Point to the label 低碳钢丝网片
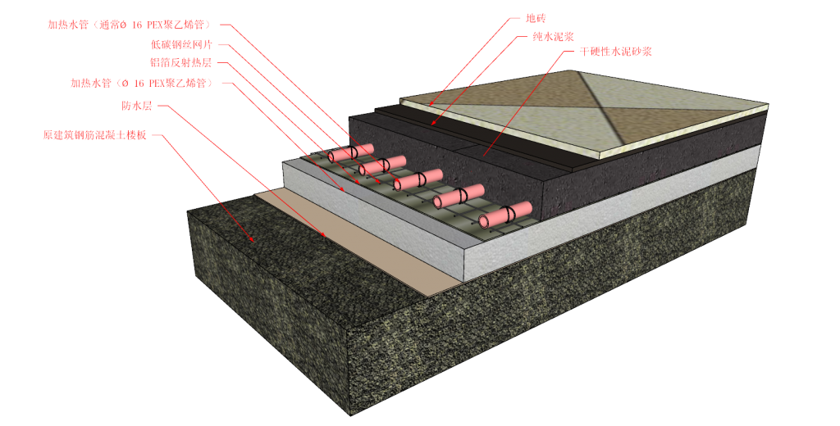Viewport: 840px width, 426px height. [180, 44]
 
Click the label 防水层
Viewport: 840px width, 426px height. [136, 105]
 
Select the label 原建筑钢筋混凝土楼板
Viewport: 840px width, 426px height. [94, 134]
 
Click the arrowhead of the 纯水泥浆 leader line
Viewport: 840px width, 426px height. [433, 125]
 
